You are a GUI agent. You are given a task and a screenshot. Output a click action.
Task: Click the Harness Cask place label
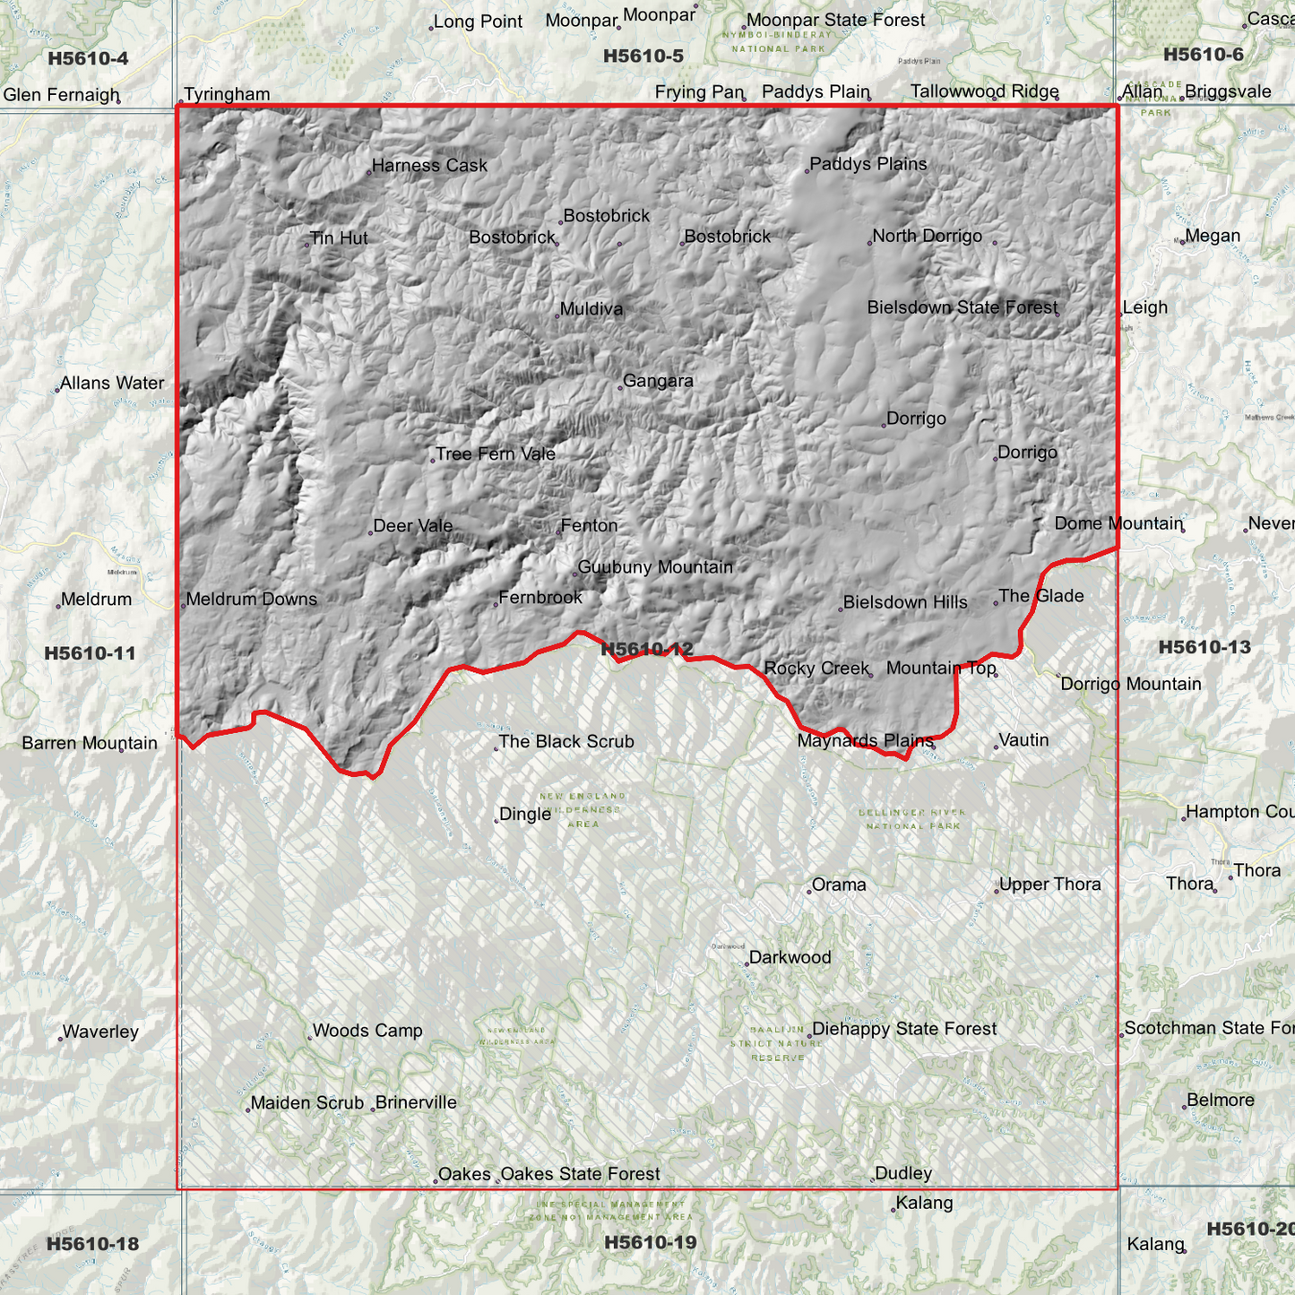point(429,166)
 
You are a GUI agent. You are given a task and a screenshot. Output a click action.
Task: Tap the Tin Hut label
point(339,238)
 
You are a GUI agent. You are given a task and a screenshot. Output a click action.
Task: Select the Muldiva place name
point(591,310)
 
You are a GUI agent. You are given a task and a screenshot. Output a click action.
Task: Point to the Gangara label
point(658,381)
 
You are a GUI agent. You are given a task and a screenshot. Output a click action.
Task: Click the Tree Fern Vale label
point(496,454)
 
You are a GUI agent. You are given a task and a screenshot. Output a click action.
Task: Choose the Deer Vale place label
point(412,526)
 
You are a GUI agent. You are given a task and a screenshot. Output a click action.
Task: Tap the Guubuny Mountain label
point(655,567)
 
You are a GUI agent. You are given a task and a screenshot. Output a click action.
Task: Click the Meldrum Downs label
point(251,600)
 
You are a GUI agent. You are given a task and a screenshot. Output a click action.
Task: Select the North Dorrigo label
point(927,237)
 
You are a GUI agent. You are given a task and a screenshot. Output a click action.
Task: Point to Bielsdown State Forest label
point(963,308)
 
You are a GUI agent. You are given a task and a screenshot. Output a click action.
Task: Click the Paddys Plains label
point(868,165)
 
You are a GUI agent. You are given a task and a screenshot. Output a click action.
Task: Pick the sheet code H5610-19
point(650,1242)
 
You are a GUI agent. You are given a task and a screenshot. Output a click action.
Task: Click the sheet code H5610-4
point(88,59)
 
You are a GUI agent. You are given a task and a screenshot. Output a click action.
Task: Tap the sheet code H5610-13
point(1204,647)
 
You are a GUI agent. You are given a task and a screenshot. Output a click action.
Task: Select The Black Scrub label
point(565,742)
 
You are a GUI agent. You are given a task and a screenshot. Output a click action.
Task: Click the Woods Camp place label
point(367,1031)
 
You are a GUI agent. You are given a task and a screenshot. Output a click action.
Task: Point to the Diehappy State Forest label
point(904,1029)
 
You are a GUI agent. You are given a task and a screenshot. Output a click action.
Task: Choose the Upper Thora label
point(1049,885)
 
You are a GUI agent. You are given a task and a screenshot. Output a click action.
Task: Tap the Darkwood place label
point(790,957)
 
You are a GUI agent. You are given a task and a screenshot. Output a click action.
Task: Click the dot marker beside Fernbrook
point(496,605)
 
